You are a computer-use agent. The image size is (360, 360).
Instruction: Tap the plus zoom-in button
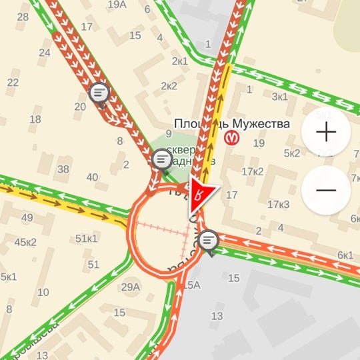coord(326,132)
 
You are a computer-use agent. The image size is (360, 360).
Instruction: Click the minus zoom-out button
coord(326,190)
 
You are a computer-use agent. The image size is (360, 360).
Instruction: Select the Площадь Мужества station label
coord(231,123)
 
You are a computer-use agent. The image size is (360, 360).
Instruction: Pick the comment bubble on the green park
coord(162,159)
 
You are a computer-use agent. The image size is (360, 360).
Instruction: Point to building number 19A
coord(117,5)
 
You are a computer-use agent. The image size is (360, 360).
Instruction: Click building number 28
coord(23,16)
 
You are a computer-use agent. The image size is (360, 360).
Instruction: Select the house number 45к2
coord(25,241)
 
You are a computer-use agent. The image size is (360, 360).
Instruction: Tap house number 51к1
coord(87,238)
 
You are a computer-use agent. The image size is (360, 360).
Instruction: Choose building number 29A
coord(131,287)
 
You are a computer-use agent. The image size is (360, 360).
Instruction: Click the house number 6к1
coord(345,255)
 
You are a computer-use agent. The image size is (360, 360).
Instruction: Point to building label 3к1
coord(279,97)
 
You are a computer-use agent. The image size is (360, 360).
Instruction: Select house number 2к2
coord(169,86)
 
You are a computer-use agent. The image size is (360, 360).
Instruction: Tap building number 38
coord(63,169)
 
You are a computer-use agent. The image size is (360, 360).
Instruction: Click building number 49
coord(27,217)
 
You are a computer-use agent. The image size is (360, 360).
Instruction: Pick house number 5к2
coord(292,153)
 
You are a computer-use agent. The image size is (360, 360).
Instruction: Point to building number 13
coord(217,316)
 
